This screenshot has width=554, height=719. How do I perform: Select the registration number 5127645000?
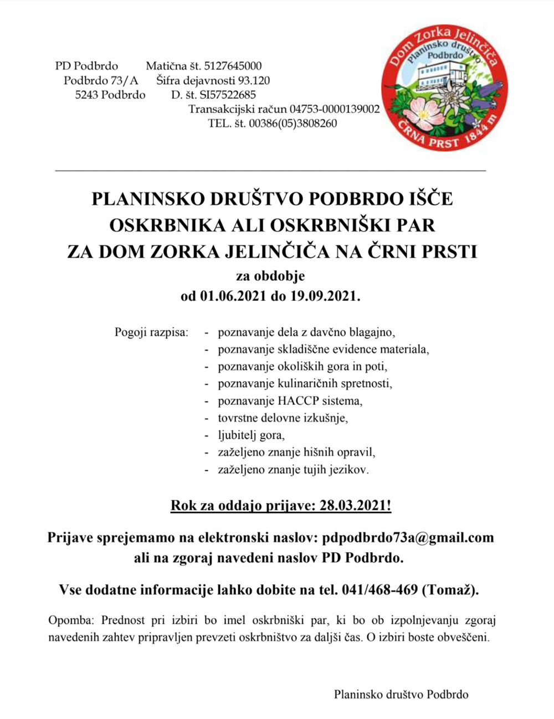(x=233, y=66)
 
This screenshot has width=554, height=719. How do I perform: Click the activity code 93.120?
(x=253, y=80)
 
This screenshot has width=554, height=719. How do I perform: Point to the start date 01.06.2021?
(x=233, y=296)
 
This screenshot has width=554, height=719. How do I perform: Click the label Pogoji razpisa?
(x=151, y=333)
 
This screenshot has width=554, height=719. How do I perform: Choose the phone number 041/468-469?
(x=380, y=590)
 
